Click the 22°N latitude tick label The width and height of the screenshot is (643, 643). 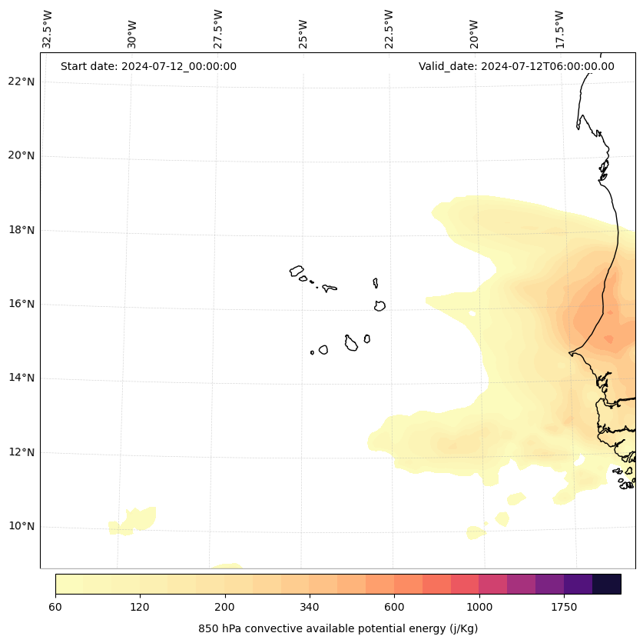(22, 82)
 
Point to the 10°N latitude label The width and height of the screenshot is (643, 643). (22, 527)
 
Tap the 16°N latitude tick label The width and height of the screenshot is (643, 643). (22, 304)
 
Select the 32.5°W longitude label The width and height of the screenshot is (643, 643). (48, 29)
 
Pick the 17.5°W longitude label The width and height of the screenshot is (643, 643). (559, 29)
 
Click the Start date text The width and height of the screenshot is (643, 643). (148, 66)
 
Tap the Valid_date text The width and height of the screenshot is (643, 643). (516, 66)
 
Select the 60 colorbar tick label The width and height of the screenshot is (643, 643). (55, 607)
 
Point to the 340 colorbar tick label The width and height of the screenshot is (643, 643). (310, 607)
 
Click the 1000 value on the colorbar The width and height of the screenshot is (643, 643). (479, 607)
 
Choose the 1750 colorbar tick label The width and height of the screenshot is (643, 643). (564, 607)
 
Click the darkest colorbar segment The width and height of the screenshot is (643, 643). (607, 584)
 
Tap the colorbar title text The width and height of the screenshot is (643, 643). (338, 628)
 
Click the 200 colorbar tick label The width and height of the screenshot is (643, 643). (225, 607)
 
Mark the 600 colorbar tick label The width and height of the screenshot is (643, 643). (394, 607)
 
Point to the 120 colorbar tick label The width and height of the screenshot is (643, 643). (140, 607)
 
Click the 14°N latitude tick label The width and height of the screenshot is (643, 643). (22, 378)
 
